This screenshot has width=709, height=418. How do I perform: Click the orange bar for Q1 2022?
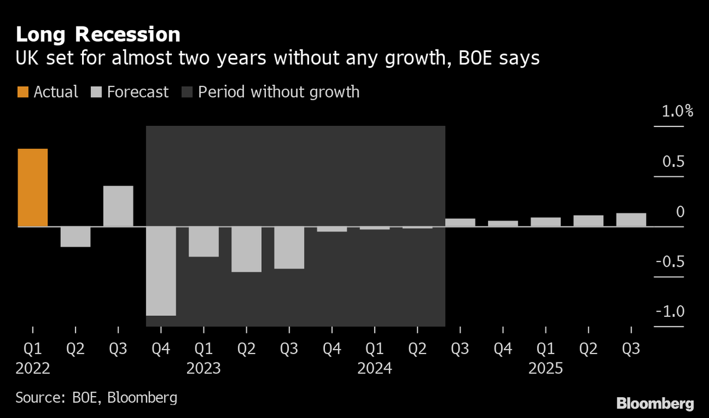pyautogui.click(x=32, y=187)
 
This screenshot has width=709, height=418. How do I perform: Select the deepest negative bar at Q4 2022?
pyautogui.click(x=161, y=271)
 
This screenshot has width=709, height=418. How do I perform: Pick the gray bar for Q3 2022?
pyautogui.click(x=118, y=206)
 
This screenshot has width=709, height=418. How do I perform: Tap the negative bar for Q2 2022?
pyautogui.click(x=75, y=236)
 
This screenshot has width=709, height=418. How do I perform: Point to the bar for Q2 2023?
pyautogui.click(x=246, y=249)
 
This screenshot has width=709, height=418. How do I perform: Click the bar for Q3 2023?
pyautogui.click(x=289, y=247)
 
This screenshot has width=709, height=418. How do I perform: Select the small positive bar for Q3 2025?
pyautogui.click(x=631, y=219)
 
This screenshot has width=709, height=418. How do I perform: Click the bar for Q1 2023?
pyautogui.click(x=203, y=241)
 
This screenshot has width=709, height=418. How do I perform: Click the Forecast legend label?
pyautogui.click(x=138, y=92)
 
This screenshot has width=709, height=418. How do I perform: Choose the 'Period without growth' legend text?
pyautogui.click(x=278, y=92)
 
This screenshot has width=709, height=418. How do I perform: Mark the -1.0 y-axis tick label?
pyautogui.click(x=669, y=312)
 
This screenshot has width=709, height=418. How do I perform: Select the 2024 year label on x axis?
pyautogui.click(x=375, y=369)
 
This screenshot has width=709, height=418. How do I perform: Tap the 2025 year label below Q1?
pyautogui.click(x=545, y=369)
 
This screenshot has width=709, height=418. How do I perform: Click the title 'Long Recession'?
pyautogui.click(x=98, y=35)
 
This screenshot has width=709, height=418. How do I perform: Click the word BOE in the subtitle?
pyautogui.click(x=476, y=59)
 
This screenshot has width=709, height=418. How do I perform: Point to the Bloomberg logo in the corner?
pyautogui.click(x=655, y=404)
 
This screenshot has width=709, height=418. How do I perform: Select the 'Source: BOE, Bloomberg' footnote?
pyautogui.click(x=96, y=397)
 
